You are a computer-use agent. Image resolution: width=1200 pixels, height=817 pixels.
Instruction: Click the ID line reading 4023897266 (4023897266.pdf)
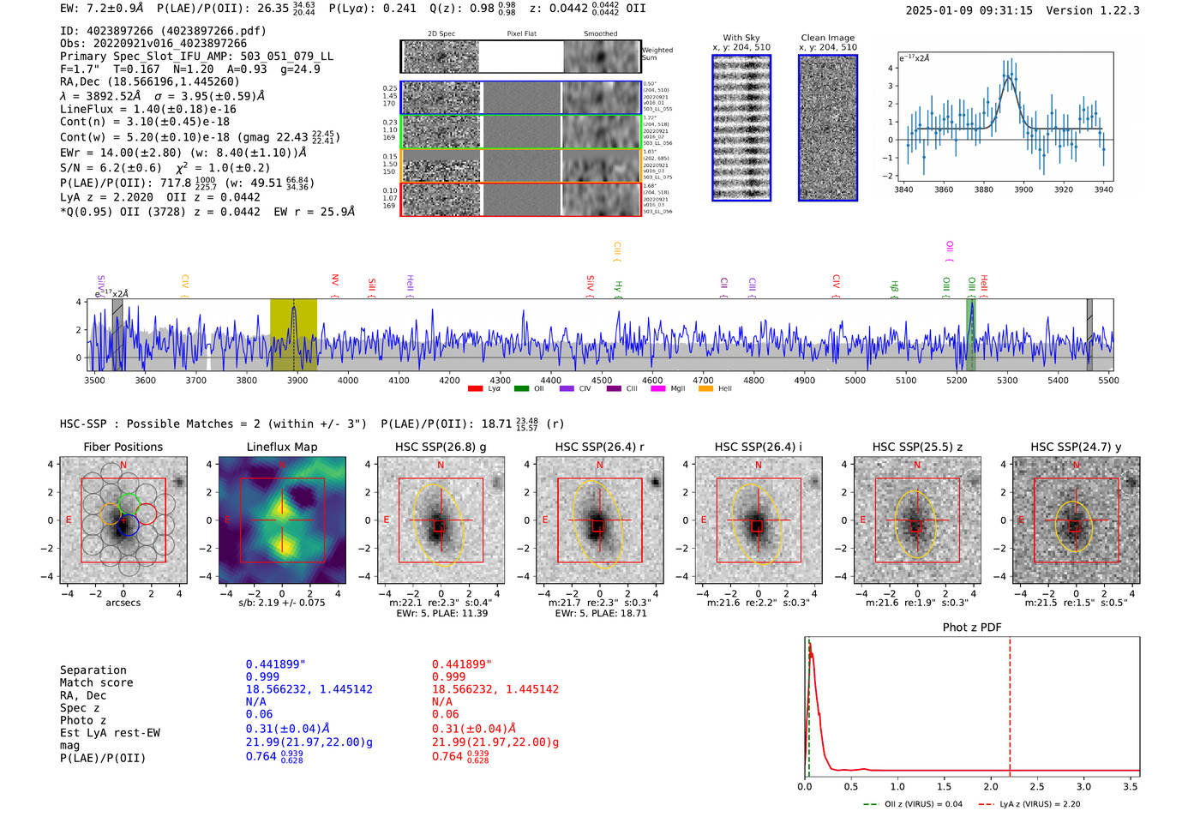pyautogui.click(x=163, y=31)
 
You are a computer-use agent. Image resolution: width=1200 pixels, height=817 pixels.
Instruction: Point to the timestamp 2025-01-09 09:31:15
pyautogui.click(x=969, y=10)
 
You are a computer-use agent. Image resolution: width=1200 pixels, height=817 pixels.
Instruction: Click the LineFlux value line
pyautogui.click(x=147, y=109)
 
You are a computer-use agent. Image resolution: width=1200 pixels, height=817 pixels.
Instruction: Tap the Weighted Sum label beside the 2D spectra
pyautogui.click(x=657, y=54)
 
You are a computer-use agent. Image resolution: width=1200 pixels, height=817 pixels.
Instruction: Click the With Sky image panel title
pyautogui.click(x=741, y=38)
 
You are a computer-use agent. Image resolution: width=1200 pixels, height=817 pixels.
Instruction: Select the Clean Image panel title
pyautogui.click(x=828, y=38)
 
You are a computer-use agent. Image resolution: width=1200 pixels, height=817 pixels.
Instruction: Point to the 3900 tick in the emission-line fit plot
pyautogui.click(x=1023, y=189)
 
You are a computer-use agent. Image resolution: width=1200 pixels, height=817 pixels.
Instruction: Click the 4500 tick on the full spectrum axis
pyautogui.click(x=602, y=381)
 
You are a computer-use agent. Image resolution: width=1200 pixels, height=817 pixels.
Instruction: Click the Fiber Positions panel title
pyautogui.click(x=123, y=447)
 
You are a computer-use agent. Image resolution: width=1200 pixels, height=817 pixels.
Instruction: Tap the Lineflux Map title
pyautogui.click(x=282, y=447)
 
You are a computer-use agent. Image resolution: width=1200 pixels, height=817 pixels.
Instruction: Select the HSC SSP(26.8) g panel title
pyautogui.click(x=441, y=447)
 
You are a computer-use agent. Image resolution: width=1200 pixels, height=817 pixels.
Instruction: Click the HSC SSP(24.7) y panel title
pyautogui.click(x=1076, y=447)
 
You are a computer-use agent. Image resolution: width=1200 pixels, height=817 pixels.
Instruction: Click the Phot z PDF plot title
pyautogui.click(x=972, y=628)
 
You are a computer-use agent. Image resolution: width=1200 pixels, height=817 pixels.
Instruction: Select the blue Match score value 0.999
pyautogui.click(x=262, y=677)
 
